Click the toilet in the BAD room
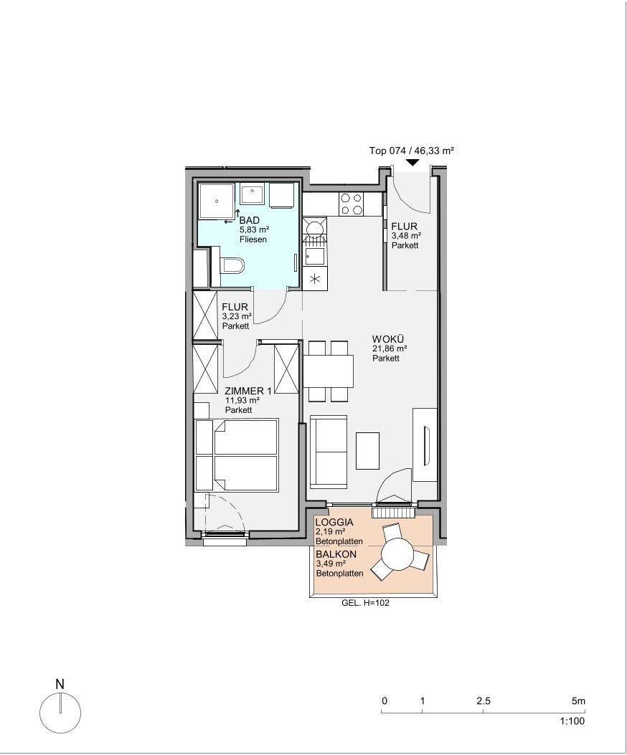click(231, 265)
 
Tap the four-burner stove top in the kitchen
click(350, 204)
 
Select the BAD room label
click(250, 221)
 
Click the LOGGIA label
click(334, 522)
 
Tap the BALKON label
click(336, 554)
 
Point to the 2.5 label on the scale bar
click(483, 701)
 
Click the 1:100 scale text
click(572, 721)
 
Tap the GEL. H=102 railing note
click(365, 602)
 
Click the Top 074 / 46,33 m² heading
click(412, 151)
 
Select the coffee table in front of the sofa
click(368, 451)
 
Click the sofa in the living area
click(329, 451)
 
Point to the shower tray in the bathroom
click(215, 200)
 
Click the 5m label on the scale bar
click(578, 701)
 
